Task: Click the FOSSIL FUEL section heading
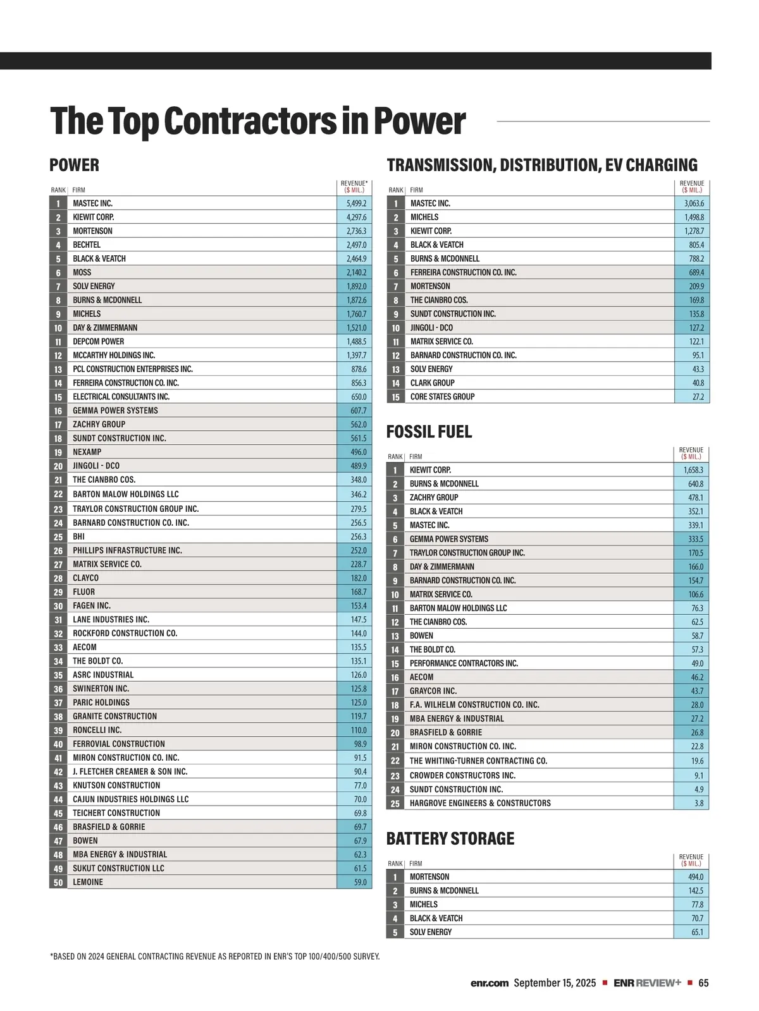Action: tap(429, 432)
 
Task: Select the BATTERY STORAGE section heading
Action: tap(450, 839)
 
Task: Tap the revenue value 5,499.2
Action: tap(356, 203)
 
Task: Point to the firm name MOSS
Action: tap(82, 272)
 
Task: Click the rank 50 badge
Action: tap(58, 883)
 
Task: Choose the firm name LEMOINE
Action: tap(88, 882)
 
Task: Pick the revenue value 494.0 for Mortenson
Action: tap(695, 877)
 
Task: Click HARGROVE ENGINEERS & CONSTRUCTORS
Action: tap(480, 803)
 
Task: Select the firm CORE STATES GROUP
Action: tap(442, 397)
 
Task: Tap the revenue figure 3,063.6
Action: tap(694, 203)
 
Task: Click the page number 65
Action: tap(703, 983)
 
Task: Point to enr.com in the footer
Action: tap(490, 983)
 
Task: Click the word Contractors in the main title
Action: tap(250, 121)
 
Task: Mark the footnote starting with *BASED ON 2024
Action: tap(215, 957)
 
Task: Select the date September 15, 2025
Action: tap(555, 983)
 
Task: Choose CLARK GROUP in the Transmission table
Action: tap(433, 383)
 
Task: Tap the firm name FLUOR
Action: tap(83, 592)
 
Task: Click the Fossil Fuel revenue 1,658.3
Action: tap(693, 470)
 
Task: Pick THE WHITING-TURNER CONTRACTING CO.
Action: tap(478, 761)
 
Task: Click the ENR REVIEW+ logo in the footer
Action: tap(647, 983)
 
